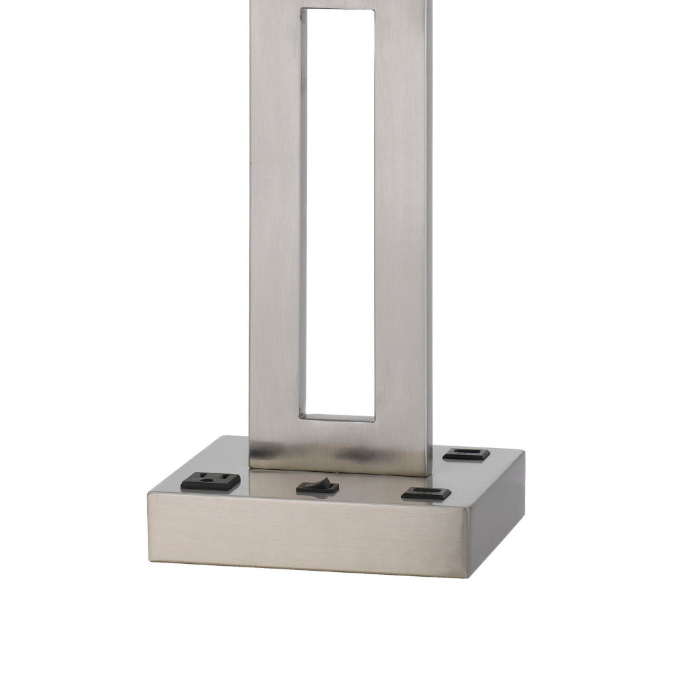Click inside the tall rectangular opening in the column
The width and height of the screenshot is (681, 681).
coord(338,211)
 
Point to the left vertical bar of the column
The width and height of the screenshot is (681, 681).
coord(276,225)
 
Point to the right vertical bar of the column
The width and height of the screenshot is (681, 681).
coord(402,225)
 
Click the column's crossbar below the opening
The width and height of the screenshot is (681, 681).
coord(338,443)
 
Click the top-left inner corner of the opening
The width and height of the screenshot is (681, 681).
coord(304,11)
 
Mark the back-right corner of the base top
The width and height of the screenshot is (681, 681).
coord(523,451)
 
